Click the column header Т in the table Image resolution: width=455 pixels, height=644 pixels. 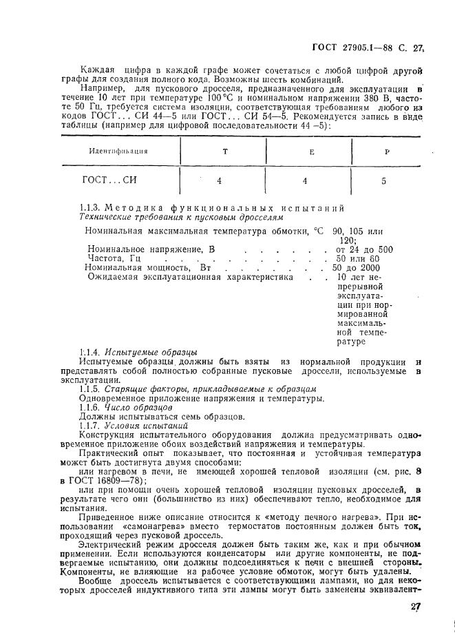(224, 150)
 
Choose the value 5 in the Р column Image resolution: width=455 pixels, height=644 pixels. (384, 182)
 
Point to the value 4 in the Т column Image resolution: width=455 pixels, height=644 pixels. (219, 181)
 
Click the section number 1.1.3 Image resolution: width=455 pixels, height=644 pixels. (91, 208)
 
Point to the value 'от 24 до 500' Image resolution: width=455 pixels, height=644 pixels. (364, 249)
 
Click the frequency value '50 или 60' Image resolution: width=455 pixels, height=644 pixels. (357, 258)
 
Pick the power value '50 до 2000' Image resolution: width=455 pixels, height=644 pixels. (355, 267)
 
